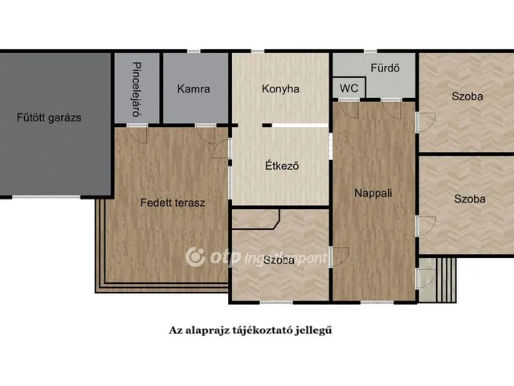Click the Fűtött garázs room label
click(49, 117)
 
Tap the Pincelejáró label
click(137, 89)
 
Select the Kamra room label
click(194, 89)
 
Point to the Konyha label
click(280, 89)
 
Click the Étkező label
click(282, 166)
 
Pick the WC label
click(349, 88)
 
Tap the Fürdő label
click(385, 68)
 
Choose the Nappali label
click(373, 193)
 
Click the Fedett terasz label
click(173, 203)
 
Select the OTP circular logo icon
click(195, 257)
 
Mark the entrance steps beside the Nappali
click(446, 280)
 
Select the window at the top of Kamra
click(194, 51)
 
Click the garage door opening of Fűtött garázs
click(47, 197)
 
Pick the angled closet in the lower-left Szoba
click(255, 220)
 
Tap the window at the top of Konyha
click(258, 51)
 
